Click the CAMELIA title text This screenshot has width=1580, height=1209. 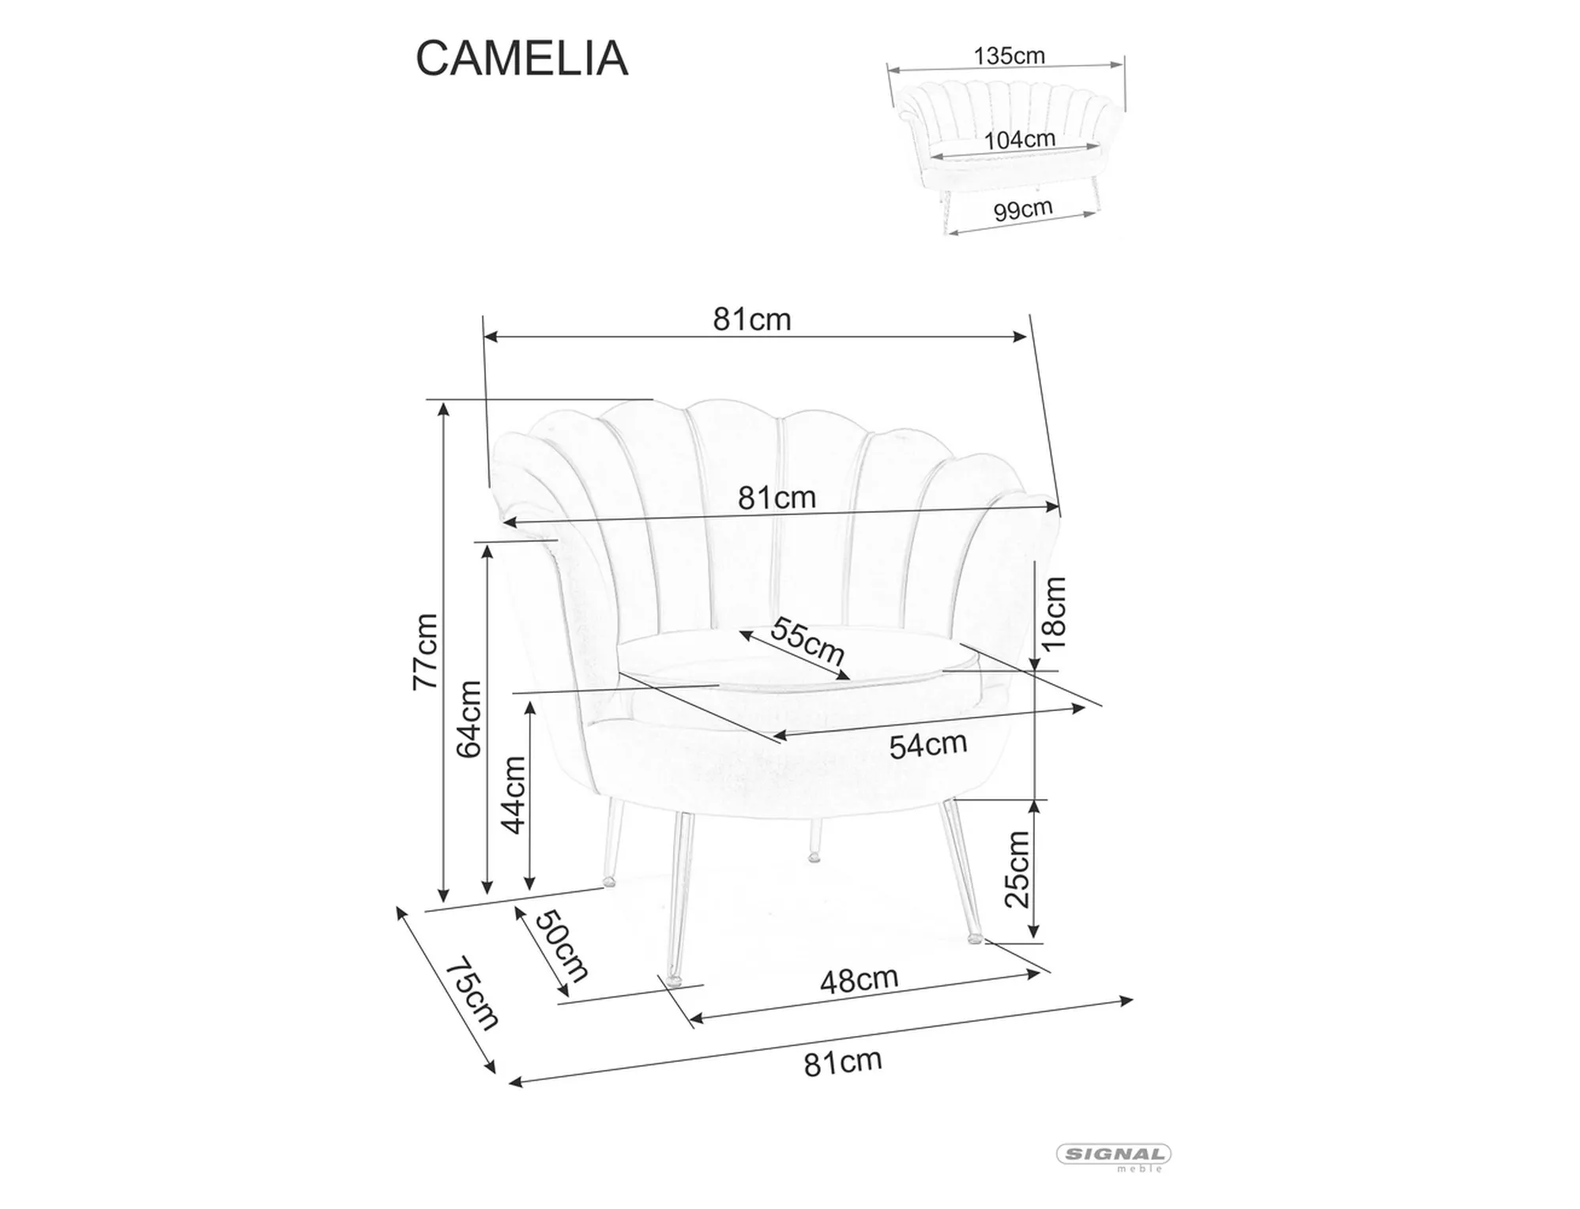coord(521,58)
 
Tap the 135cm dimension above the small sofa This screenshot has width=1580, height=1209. coord(1009,56)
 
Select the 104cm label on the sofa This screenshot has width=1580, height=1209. coord(1019,140)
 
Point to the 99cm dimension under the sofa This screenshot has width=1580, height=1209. coord(1023,209)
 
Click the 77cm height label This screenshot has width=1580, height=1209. coord(426,651)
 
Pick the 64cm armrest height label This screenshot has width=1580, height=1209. coord(469,719)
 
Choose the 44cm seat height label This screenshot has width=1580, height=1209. coord(513,794)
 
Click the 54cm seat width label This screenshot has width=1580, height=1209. coord(927,745)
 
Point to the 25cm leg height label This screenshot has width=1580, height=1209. coord(1018,869)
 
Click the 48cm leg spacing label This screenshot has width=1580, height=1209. coord(859,981)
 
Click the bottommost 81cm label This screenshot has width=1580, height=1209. coord(842,1063)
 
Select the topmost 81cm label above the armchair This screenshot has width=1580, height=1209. coord(751,319)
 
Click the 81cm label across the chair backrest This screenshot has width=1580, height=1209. coord(777,498)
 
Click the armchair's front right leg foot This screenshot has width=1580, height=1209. coord(975,939)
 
